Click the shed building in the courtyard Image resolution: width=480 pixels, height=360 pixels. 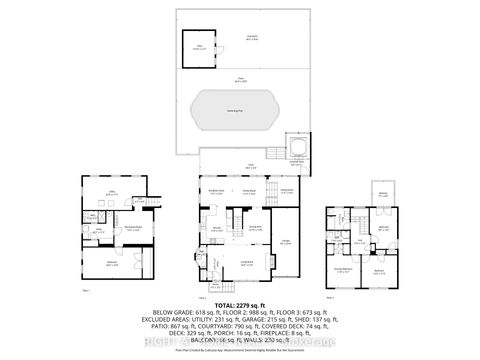[x=199, y=48]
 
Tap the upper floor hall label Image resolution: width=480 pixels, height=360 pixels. [x=358, y=240]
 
